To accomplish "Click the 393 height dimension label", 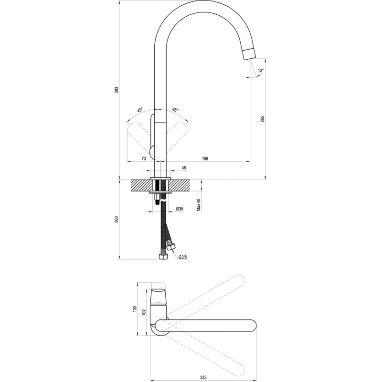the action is (117, 90).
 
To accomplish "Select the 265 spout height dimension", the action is (262, 119).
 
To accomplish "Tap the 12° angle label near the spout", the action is (261, 70).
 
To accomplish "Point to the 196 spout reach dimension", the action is (205, 159).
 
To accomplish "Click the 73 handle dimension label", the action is (144, 159).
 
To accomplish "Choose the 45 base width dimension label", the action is (184, 168).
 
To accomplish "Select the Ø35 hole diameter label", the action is (180, 209).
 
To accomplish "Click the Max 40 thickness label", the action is (199, 205).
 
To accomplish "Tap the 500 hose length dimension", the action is (117, 219).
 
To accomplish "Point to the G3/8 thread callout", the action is (182, 257).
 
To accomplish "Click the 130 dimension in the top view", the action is (135, 309).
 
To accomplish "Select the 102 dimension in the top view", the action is (144, 312).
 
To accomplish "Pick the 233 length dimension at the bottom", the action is (203, 378).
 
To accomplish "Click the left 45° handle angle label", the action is (140, 110).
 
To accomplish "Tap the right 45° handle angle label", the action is (175, 110).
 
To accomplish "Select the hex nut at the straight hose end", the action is (162, 257).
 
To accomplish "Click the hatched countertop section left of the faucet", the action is (141, 186).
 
